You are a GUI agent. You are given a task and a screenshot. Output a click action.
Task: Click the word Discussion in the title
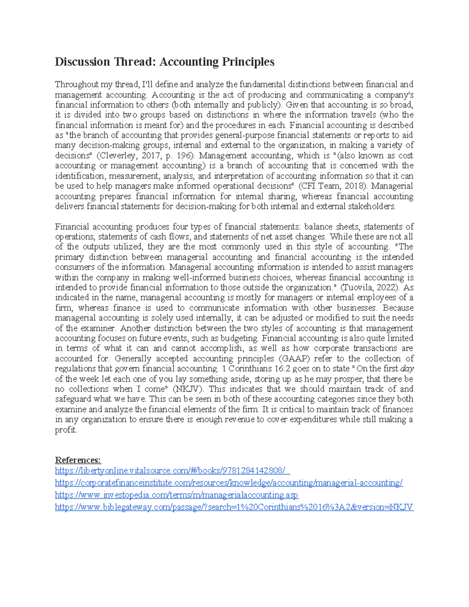(x=82, y=62)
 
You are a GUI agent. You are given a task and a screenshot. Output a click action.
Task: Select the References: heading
(x=78, y=460)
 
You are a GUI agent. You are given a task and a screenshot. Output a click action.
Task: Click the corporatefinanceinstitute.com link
(x=229, y=483)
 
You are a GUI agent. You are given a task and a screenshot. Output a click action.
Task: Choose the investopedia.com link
(x=177, y=495)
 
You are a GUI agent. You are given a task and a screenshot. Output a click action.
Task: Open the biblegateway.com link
(x=234, y=507)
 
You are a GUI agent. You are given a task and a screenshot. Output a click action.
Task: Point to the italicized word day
(x=407, y=369)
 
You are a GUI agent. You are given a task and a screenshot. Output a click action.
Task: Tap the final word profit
(x=66, y=430)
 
